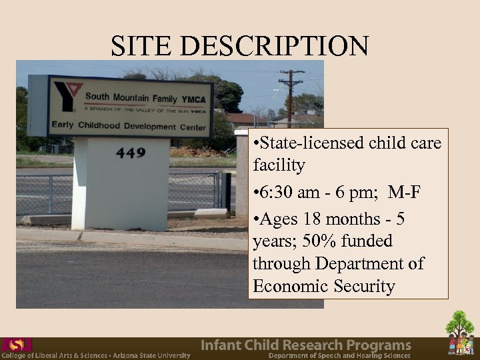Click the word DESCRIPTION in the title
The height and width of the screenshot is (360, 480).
(x=273, y=46)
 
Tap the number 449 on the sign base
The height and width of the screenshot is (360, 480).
(x=131, y=153)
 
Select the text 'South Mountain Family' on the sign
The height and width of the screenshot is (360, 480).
(x=131, y=99)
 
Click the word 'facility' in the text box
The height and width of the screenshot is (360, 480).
(x=279, y=165)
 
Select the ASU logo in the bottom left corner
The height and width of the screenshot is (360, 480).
(x=16, y=345)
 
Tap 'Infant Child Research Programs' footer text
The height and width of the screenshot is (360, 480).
(x=306, y=345)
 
